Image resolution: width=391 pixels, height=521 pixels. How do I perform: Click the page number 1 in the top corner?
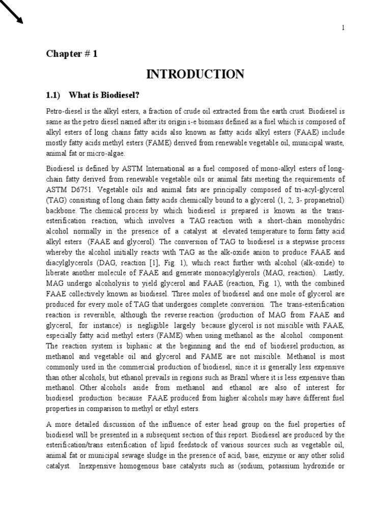[343, 28]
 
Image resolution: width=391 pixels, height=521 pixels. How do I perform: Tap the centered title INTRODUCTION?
[195, 74]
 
